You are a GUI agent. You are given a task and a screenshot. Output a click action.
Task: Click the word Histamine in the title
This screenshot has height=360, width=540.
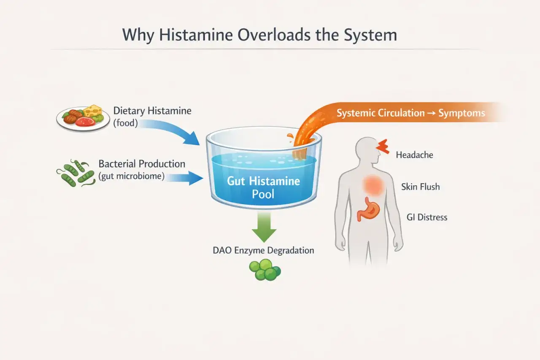196,35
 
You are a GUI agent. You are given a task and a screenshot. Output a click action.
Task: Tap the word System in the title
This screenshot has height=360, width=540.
370,35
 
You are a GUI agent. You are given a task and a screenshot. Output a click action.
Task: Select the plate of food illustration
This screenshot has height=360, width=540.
83,119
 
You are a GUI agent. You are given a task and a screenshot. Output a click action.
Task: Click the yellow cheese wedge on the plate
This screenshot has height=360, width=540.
93,111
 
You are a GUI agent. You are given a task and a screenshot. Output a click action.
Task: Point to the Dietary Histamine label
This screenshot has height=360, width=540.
152,117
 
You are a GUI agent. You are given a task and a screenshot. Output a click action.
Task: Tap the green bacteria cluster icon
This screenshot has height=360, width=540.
76,173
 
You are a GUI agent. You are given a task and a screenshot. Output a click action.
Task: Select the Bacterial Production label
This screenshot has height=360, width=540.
142,170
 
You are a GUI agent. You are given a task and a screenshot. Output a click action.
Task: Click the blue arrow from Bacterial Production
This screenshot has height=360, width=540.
184,178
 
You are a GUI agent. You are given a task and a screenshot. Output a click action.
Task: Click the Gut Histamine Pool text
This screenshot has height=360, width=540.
263,187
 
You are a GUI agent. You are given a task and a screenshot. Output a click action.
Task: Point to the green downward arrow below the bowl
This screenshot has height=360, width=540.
264,227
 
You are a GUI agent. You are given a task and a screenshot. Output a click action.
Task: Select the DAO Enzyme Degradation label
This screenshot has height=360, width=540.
264,250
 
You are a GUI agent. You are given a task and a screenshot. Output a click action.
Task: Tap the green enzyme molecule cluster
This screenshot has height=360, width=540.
265,270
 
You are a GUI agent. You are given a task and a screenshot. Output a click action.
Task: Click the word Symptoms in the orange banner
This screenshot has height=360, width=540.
462,113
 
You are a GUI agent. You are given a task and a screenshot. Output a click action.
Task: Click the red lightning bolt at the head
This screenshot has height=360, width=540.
383,146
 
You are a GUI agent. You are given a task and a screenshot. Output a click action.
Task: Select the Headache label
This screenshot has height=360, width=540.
414,155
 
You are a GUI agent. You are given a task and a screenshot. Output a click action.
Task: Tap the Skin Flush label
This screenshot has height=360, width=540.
421,187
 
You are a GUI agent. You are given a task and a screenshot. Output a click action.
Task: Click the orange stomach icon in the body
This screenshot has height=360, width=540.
368,209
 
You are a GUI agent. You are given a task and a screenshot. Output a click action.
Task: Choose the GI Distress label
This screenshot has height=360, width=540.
427,217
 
